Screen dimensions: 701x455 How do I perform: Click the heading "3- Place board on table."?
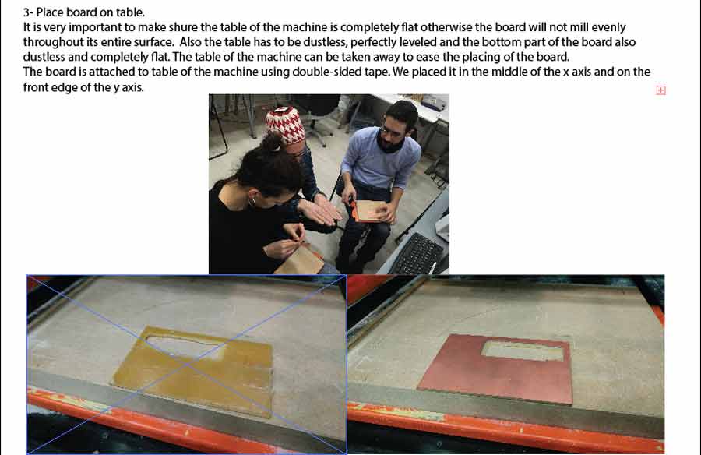(x=83, y=12)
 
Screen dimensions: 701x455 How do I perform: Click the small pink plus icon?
(x=660, y=90)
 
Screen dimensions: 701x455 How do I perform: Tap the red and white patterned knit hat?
(x=285, y=124)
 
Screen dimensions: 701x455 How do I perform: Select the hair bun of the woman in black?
(x=271, y=143)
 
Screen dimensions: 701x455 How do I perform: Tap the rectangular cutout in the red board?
(x=522, y=351)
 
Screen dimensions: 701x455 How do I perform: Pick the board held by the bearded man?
(x=369, y=210)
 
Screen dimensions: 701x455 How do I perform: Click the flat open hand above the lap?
(x=319, y=212)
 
